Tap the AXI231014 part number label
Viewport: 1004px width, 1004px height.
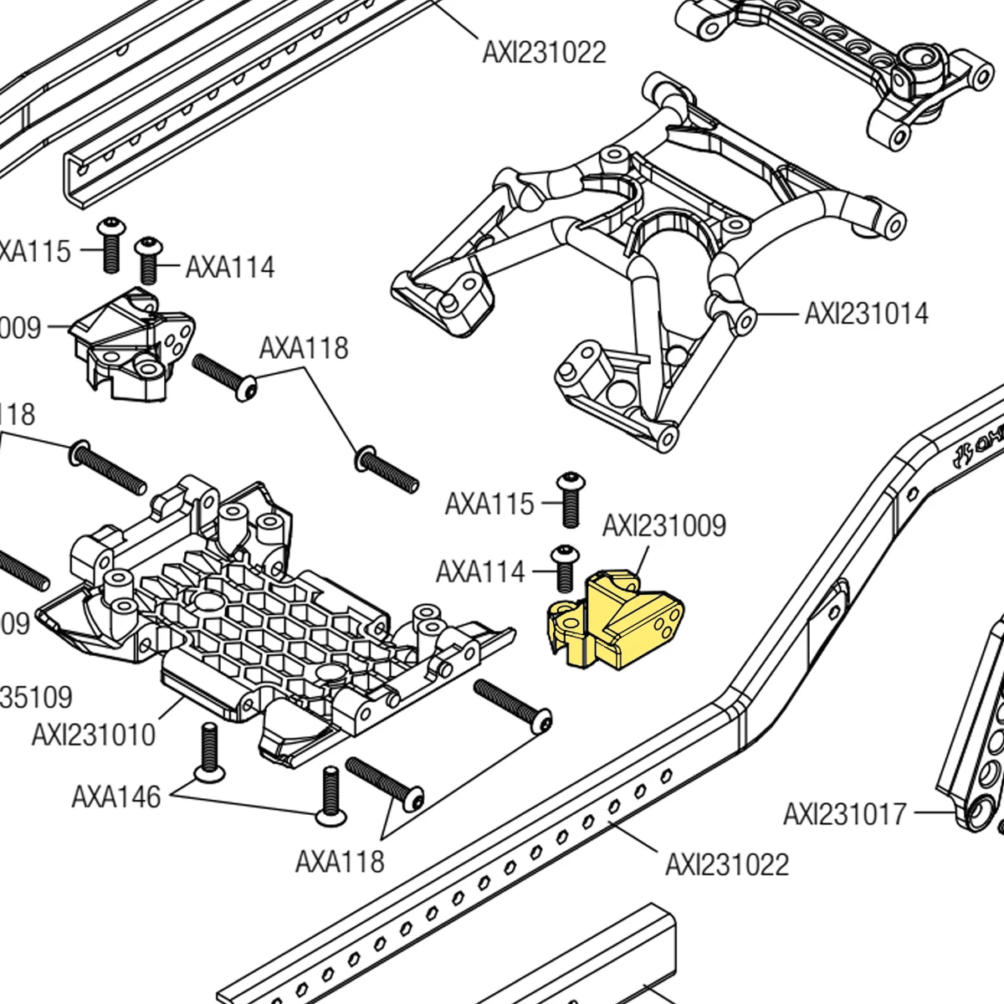click(x=866, y=314)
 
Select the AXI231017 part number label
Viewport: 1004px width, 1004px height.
click(x=844, y=813)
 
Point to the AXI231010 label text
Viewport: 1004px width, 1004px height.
click(x=94, y=735)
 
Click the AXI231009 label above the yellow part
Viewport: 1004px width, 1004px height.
click(x=663, y=525)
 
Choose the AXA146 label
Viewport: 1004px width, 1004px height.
click(x=115, y=797)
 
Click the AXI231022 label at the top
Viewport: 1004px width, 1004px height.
click(x=544, y=53)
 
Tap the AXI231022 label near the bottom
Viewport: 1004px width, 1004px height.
click(x=726, y=864)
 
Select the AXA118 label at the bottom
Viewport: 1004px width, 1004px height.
click(x=339, y=861)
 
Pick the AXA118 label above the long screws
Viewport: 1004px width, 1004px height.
click(x=303, y=348)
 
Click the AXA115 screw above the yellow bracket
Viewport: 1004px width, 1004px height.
click(x=570, y=499)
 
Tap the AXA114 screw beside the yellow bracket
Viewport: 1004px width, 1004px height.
click(x=566, y=569)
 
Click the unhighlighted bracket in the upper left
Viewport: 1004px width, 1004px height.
click(x=134, y=343)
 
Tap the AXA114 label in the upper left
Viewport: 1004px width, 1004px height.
click(x=230, y=267)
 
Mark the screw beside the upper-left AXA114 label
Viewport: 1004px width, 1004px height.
click(x=149, y=260)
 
